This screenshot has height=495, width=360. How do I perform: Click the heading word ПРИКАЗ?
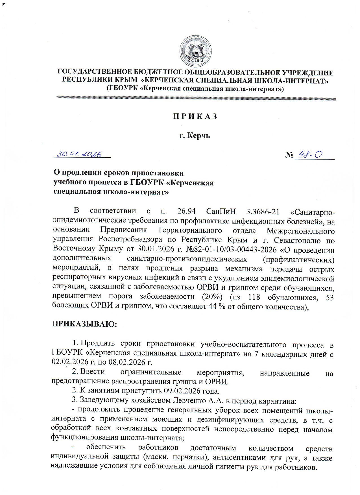coord(195,116)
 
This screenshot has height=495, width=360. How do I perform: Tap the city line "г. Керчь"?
coord(195,136)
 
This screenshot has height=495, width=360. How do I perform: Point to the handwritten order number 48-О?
coord(311,155)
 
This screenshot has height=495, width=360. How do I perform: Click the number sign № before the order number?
coord(289,155)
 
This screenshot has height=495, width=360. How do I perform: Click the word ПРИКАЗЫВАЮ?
coord(84,324)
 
